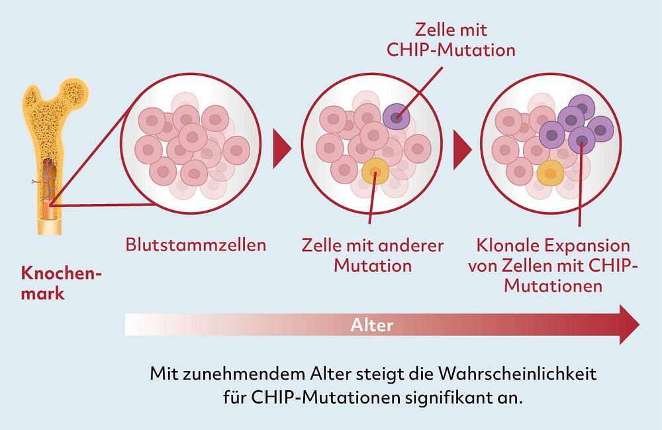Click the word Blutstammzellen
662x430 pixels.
[x=196, y=245]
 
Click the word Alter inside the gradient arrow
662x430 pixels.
[x=372, y=325]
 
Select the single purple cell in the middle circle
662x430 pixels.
[x=396, y=118]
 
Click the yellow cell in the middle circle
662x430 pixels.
[x=375, y=174]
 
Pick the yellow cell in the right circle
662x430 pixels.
[x=549, y=175]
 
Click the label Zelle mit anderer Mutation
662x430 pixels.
[x=373, y=256]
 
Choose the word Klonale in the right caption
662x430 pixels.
[x=506, y=246]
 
